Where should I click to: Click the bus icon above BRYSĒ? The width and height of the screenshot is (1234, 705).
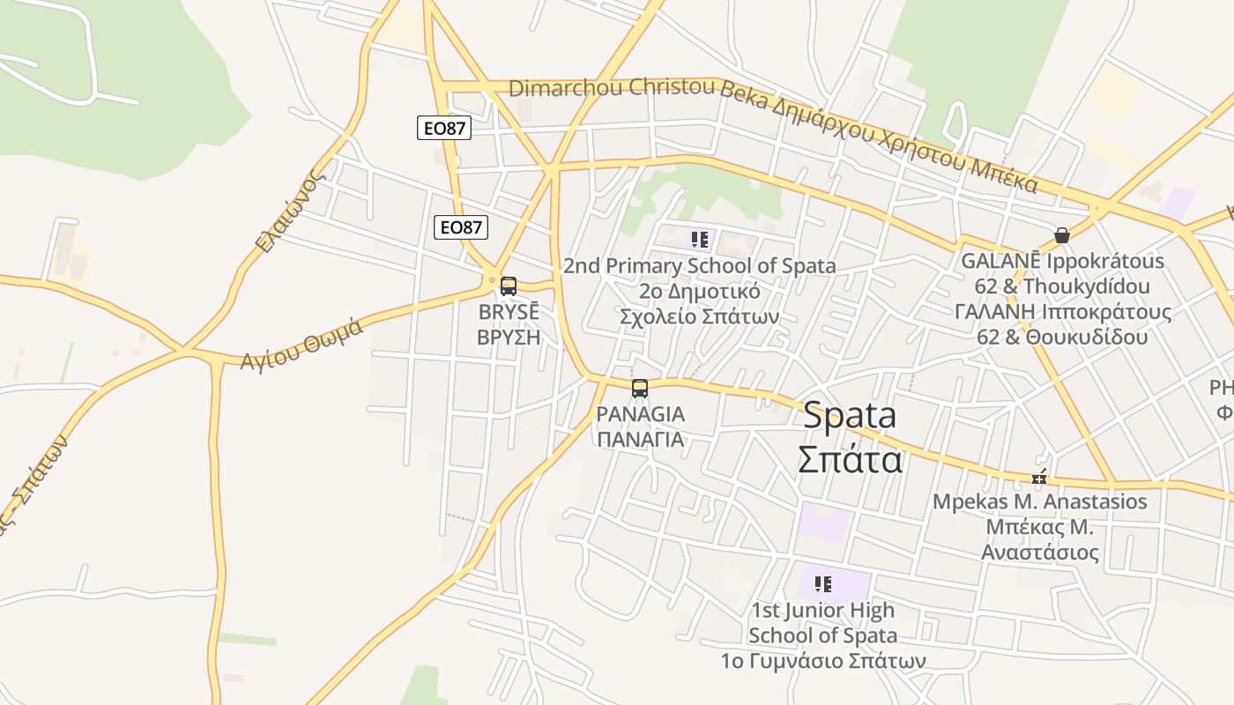click(509, 286)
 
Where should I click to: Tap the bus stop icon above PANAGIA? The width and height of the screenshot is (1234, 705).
click(640, 388)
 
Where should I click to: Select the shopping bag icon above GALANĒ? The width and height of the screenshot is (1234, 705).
click(1062, 235)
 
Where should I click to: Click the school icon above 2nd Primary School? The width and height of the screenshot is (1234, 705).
click(700, 240)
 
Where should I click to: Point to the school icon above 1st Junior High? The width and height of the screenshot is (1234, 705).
click(823, 583)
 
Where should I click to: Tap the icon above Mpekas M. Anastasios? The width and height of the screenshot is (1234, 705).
click(1040, 478)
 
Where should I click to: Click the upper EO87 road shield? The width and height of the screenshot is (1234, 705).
click(444, 129)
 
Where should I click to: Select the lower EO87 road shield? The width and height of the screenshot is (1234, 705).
click(461, 227)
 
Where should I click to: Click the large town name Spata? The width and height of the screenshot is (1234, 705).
click(850, 415)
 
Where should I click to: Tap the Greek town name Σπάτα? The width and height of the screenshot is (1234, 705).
click(850, 459)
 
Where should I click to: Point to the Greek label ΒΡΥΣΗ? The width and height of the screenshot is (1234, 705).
click(508, 337)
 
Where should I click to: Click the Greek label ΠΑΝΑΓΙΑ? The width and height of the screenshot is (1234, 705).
click(640, 439)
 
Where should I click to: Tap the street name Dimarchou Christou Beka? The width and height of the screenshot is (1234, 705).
click(613, 88)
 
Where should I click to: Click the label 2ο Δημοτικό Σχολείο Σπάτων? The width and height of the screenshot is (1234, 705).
click(700, 303)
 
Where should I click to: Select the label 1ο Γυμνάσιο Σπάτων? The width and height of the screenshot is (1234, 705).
click(823, 660)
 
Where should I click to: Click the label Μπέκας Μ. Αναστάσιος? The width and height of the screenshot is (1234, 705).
click(1040, 539)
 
